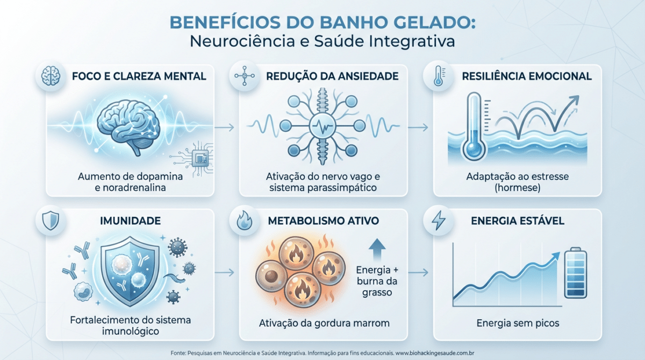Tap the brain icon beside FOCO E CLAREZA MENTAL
(51, 76)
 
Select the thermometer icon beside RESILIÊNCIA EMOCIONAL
(439, 76)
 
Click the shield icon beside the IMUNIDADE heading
(51, 220)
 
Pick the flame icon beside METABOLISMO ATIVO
(244, 220)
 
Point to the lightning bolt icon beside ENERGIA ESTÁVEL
(438, 220)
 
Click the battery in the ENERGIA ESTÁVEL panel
(576, 273)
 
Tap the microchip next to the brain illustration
(200, 158)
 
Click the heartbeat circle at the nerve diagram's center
(322, 126)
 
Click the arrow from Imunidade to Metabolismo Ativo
(224, 272)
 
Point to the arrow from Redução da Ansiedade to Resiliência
(418, 127)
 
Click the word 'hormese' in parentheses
(518, 188)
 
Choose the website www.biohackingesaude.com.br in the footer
(435, 353)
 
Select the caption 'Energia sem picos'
(518, 323)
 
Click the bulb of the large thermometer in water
(474, 149)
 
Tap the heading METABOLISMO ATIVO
(324, 221)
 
